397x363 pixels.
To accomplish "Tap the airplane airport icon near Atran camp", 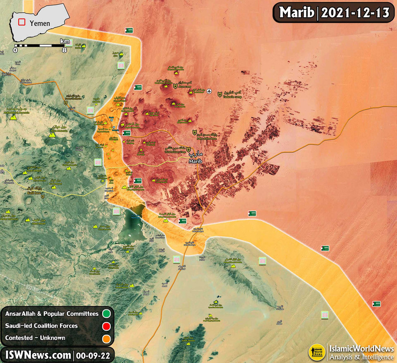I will coord(209,91).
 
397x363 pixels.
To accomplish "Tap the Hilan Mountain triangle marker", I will coord(52,134).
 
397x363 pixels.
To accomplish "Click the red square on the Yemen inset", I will coord(21,21).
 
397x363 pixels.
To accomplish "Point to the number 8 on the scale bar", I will coord(64,50).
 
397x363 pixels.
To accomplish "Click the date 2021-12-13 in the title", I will coord(355,13).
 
